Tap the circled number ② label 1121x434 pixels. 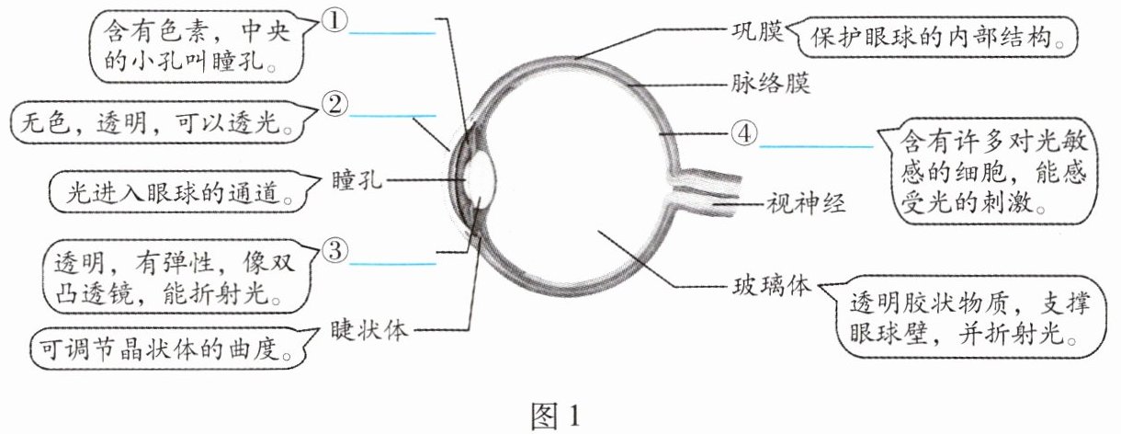tap(333, 106)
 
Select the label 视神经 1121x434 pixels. tap(803, 202)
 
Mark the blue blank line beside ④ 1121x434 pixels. tap(816, 145)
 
